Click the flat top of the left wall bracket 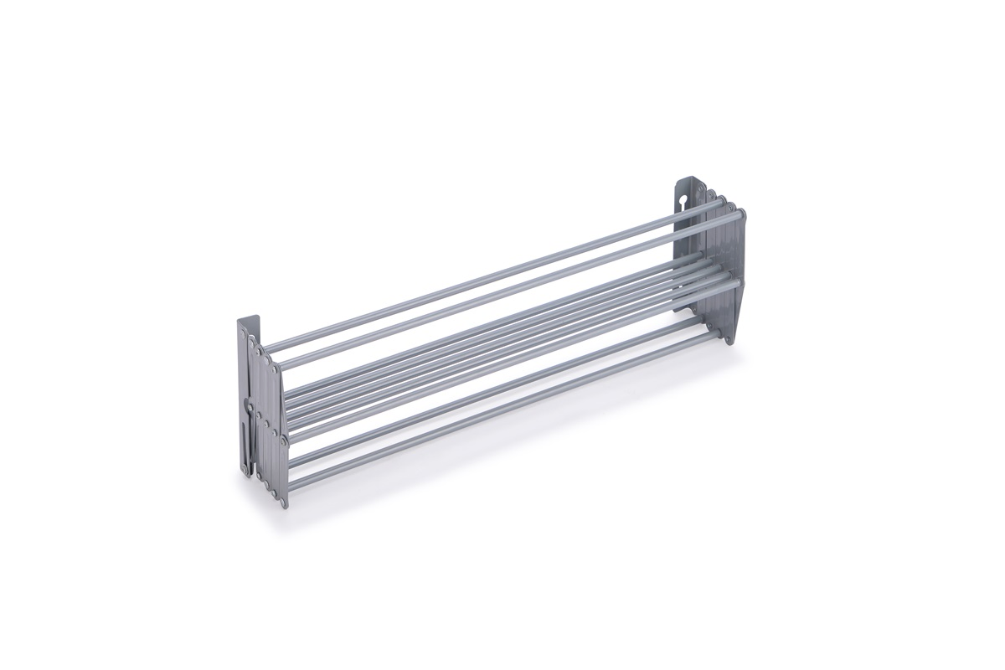249,318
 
